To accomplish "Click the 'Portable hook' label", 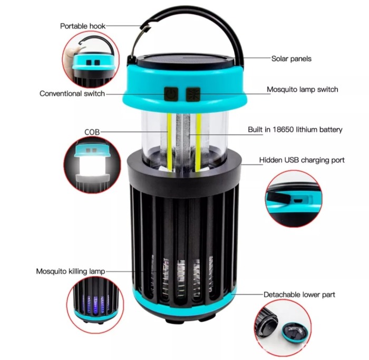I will (x=83, y=25).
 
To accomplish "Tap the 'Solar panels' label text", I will (x=291, y=59).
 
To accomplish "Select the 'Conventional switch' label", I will (x=72, y=93).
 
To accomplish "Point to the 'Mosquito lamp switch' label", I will (x=302, y=90).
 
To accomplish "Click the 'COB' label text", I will (x=92, y=131).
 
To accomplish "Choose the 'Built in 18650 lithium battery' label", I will (x=295, y=129).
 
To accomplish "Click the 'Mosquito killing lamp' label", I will (x=70, y=271).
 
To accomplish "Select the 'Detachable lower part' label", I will (x=299, y=294).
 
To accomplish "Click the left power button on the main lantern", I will (x=170, y=94).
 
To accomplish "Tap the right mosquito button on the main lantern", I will (x=192, y=94).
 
